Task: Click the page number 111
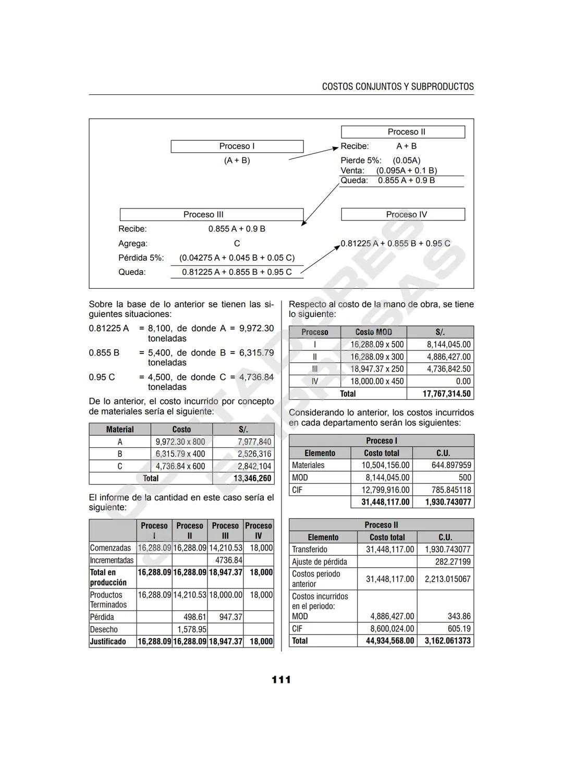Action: [x=281, y=680]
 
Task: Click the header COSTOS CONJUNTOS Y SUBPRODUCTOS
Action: [x=398, y=87]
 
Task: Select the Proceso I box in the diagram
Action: [x=237, y=146]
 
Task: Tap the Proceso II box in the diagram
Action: [x=403, y=132]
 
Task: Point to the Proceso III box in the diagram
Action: [x=211, y=215]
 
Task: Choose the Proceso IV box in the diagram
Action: [x=403, y=215]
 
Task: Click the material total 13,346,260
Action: [x=252, y=479]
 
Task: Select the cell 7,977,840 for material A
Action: [x=254, y=442]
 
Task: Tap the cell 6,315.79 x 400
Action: [x=180, y=454]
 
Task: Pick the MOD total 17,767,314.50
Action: [x=446, y=394]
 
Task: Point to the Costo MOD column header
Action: [x=373, y=332]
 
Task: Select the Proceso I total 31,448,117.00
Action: [x=386, y=502]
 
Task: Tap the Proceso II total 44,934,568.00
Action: [x=390, y=641]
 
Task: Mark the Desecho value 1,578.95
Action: [x=192, y=630]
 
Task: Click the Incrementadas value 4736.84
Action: [x=228, y=560]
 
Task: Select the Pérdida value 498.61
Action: [x=194, y=617]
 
